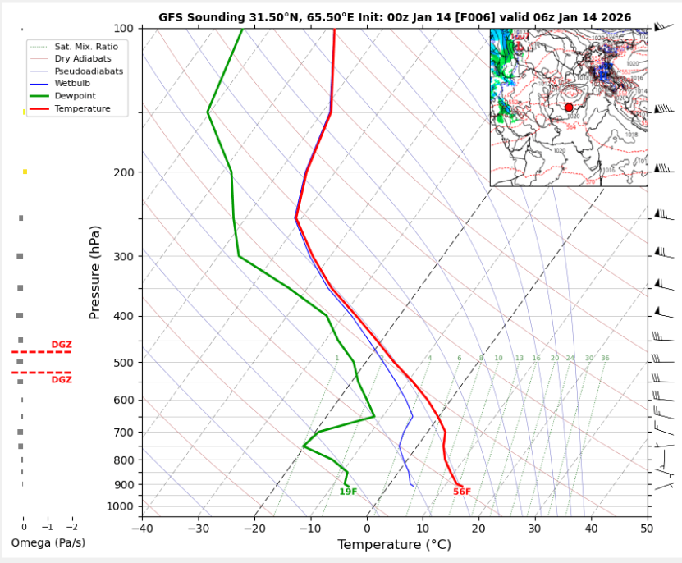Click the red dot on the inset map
(569, 108)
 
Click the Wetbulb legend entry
(70, 84)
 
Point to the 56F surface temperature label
(462, 492)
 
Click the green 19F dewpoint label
(348, 492)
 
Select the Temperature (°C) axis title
(394, 544)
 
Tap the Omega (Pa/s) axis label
(48, 543)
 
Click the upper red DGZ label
(62, 345)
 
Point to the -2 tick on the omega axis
(72, 527)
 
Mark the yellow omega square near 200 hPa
(25, 172)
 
